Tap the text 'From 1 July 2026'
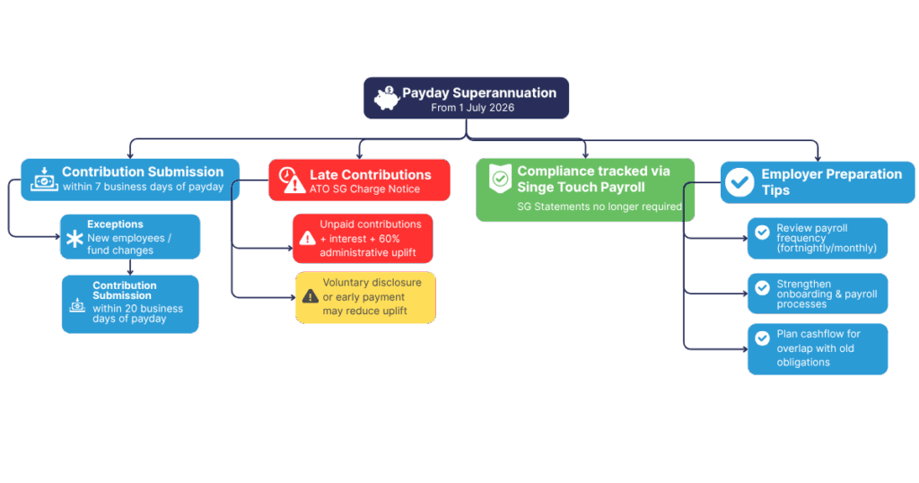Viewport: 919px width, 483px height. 472,108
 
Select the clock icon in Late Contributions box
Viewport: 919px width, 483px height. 287,174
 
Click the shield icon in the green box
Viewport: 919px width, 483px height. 499,179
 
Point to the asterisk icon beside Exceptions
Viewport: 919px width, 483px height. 74,239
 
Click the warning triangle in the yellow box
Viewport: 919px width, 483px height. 310,295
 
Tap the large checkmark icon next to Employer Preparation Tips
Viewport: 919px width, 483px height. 740,182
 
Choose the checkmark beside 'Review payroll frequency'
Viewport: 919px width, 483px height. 762,233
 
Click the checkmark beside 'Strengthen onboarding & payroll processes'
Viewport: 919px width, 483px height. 762,288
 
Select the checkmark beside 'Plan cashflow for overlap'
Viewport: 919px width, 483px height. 762,338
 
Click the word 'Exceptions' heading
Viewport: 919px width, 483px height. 115,224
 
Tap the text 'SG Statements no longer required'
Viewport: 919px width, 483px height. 600,206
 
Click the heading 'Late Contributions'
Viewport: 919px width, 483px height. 370,175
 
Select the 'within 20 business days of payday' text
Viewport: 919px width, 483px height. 137,313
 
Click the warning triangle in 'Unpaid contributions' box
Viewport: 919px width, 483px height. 307,238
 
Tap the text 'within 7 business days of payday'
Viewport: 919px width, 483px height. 143,187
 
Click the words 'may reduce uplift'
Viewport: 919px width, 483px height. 364,311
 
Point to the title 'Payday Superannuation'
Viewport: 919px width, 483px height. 478,93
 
